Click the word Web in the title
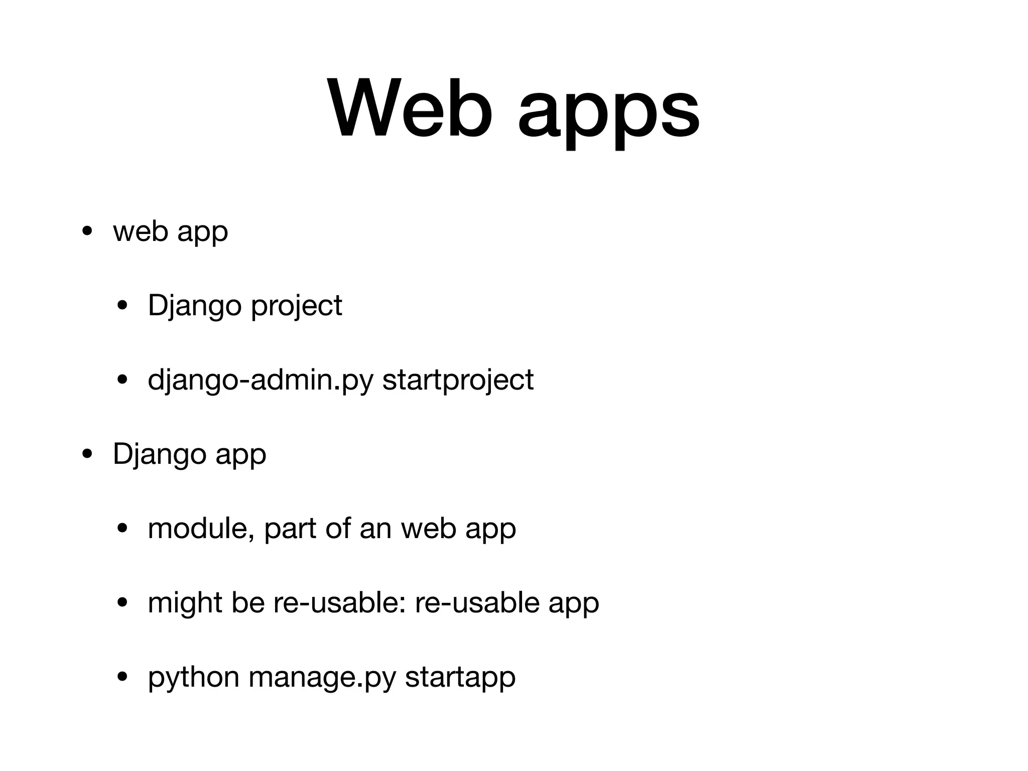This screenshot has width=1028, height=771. pos(409,108)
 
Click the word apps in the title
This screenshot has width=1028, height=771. pos(608,113)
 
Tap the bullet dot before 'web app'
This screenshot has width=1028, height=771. pos(87,232)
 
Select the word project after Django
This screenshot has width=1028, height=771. pos(296,306)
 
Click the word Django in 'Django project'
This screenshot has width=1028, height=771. pos(195,306)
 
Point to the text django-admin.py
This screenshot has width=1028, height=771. pos(261,380)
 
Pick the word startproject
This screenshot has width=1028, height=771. pos(458,380)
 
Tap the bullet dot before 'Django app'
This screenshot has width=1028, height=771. pos(87,455)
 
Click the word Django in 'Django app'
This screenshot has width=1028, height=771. pos(160,455)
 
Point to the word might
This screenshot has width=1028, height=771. pos(185,603)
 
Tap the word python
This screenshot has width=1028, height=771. pos(193,678)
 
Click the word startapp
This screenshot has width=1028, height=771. pos(460,678)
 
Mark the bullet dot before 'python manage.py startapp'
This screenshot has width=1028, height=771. pos(122,677)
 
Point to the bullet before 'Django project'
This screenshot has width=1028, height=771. pos(122,305)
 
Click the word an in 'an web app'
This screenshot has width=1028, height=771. pos(375,529)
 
